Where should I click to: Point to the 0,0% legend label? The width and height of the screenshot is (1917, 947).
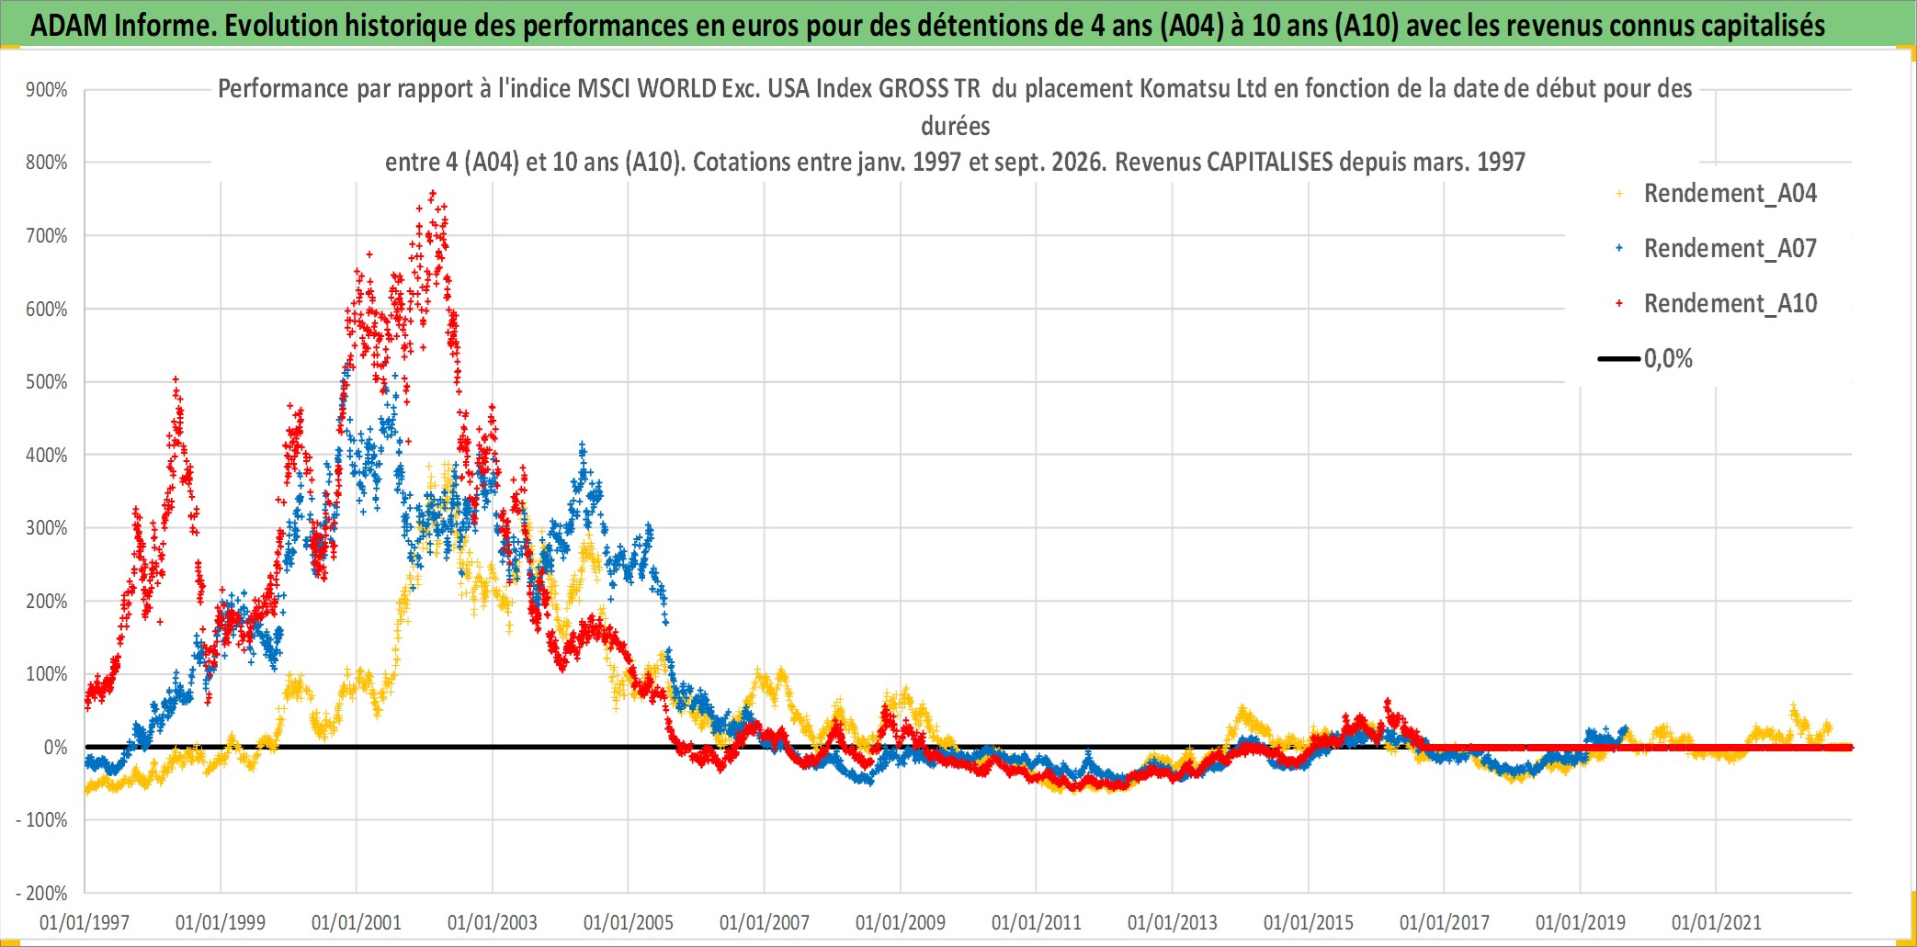pyautogui.click(x=1668, y=359)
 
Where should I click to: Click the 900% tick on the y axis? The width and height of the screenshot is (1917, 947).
pyautogui.click(x=47, y=90)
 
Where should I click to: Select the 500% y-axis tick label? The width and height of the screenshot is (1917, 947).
pyautogui.click(x=47, y=382)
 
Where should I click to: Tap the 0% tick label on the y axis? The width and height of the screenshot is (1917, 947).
pyautogui.click(x=56, y=748)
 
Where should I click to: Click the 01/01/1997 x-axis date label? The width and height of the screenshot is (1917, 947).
pyautogui.click(x=85, y=922)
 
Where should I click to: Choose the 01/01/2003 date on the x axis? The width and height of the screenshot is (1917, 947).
pyautogui.click(x=493, y=922)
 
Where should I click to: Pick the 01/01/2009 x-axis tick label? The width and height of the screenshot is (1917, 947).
pyautogui.click(x=901, y=922)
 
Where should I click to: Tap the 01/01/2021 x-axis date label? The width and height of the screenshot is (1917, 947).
pyautogui.click(x=1717, y=922)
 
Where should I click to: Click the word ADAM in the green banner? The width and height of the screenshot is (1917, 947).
pyautogui.click(x=69, y=26)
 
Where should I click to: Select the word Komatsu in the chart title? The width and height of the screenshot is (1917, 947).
pyautogui.click(x=1175, y=89)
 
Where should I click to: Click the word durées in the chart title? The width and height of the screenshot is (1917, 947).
pyautogui.click(x=956, y=126)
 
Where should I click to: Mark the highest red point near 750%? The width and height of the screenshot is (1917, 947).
pyautogui.click(x=433, y=194)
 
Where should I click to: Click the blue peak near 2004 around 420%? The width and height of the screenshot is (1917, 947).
pyautogui.click(x=582, y=445)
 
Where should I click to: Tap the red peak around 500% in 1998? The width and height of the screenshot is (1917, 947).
pyautogui.click(x=176, y=378)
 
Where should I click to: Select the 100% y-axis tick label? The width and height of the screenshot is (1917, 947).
pyautogui.click(x=47, y=674)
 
